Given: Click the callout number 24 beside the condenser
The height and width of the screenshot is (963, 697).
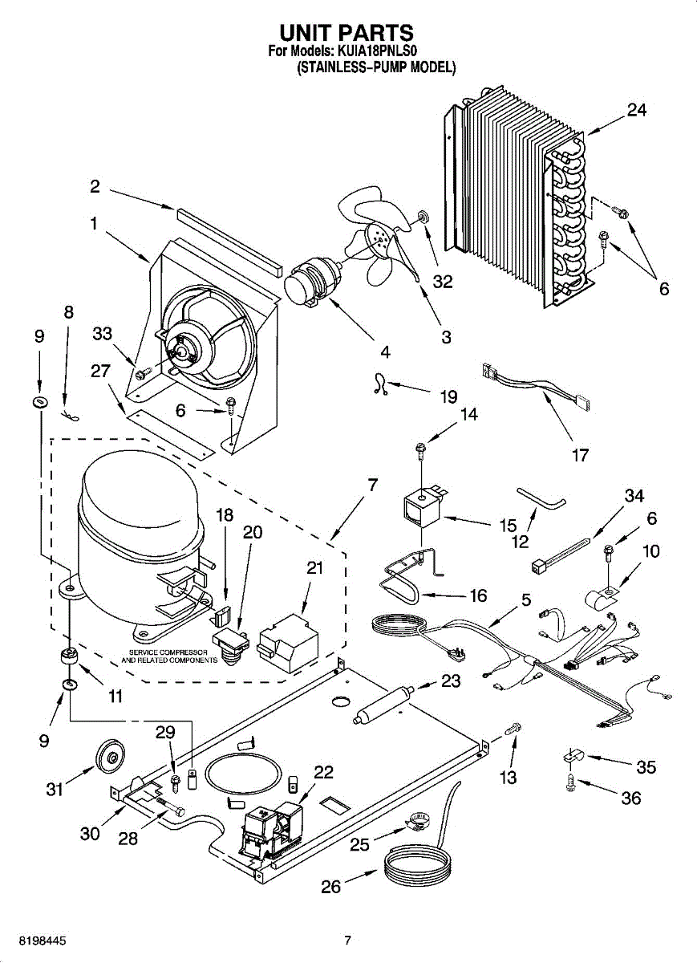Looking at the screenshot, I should point(637,110).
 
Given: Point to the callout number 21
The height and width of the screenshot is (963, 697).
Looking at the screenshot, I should point(315,568).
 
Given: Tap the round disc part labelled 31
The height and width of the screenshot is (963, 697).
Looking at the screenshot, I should point(110,755).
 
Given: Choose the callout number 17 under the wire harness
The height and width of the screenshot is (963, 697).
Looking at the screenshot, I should point(579,455).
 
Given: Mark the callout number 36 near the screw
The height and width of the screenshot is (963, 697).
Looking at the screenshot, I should point(631,798).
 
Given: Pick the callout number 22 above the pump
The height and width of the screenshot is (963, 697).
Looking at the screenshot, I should point(323,772).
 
